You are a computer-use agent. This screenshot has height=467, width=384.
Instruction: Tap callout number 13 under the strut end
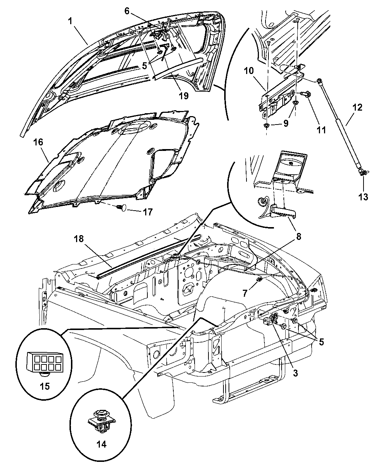[x=363, y=197]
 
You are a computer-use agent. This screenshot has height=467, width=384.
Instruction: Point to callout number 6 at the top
[x=127, y=11]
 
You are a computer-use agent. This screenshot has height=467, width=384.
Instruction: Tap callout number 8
[x=298, y=237]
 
